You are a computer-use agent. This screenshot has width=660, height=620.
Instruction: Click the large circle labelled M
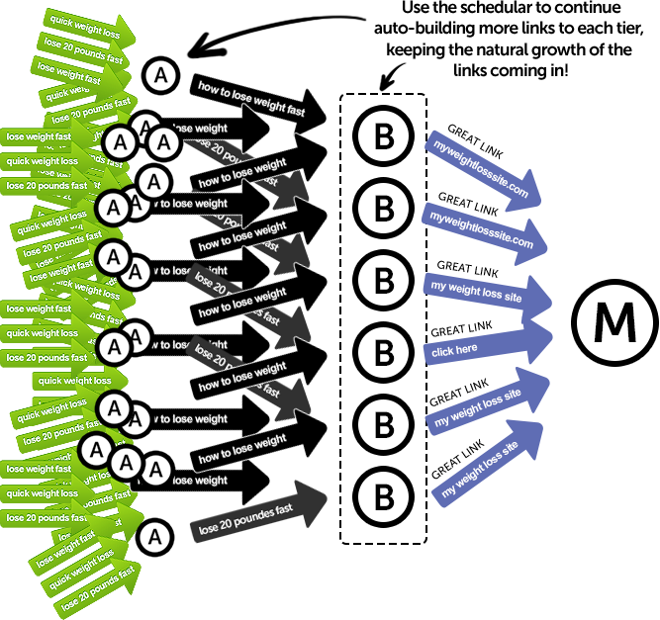[615, 322]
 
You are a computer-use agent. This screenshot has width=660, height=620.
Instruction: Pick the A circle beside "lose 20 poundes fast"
[153, 537]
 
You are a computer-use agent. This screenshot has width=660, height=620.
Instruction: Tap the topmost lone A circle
[160, 74]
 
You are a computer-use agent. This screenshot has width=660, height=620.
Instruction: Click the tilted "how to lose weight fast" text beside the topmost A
[252, 99]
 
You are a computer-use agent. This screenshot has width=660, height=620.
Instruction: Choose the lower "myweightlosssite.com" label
[481, 230]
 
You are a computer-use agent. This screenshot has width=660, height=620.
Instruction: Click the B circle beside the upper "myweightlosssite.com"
[383, 136]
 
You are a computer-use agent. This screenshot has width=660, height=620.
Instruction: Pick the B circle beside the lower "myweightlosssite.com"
[383, 209]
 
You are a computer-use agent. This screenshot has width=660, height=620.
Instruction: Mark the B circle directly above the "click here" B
[383, 281]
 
